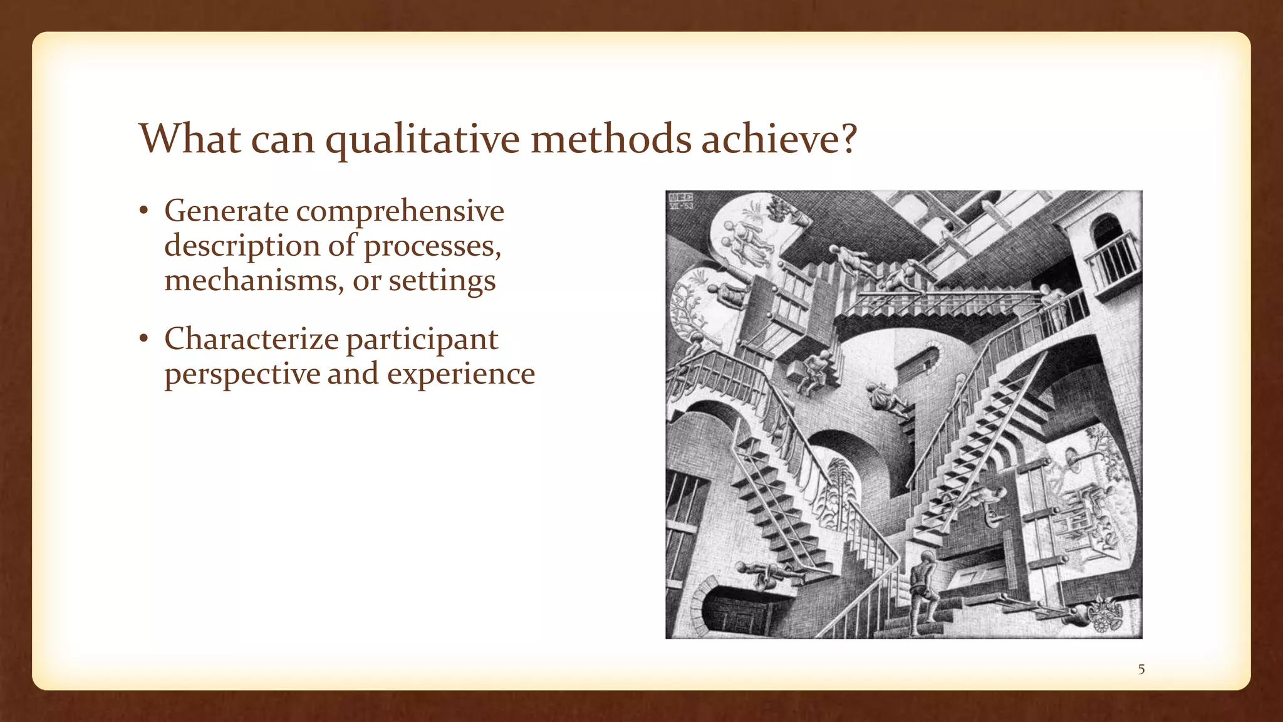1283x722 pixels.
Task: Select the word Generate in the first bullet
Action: point(226,211)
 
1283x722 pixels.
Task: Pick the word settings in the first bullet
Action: point(442,280)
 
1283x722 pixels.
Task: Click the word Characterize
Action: point(251,339)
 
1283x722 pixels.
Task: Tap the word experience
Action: point(460,374)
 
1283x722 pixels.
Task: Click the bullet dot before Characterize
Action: point(143,339)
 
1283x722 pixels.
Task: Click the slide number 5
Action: point(1141,669)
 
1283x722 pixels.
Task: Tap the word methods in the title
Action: point(611,139)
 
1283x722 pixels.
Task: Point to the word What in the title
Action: point(189,139)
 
